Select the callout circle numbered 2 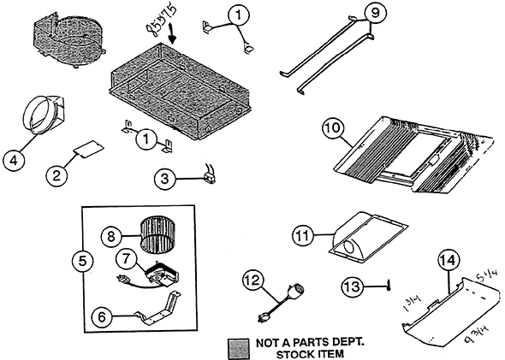[x=57, y=174]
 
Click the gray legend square [x=236, y=346]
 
